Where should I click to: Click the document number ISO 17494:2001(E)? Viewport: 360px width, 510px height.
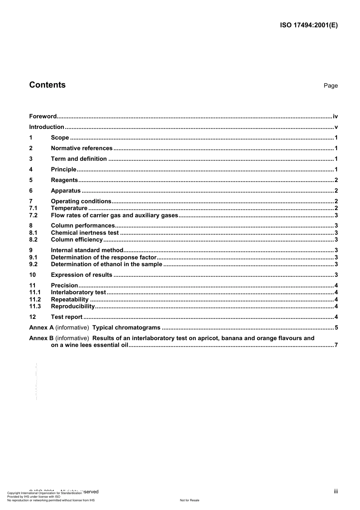(x=308, y=25)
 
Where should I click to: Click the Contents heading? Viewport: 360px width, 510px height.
(x=47, y=85)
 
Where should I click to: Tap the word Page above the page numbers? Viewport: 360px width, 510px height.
(x=330, y=86)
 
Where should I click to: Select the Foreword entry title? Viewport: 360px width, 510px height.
(x=43, y=116)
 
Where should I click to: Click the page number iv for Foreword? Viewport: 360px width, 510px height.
(x=335, y=116)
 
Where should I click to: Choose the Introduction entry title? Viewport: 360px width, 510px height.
(x=47, y=127)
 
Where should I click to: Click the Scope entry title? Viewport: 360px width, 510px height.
(x=60, y=138)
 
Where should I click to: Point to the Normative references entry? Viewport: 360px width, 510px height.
(x=81, y=148)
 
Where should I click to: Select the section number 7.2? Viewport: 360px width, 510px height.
(x=33, y=215)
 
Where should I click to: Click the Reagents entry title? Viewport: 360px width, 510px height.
(x=64, y=180)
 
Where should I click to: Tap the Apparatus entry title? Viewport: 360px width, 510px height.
(x=66, y=191)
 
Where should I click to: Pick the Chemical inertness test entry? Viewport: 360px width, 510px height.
(x=85, y=233)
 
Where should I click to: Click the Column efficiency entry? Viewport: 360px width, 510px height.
(x=77, y=240)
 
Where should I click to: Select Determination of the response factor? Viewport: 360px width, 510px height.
(x=104, y=257)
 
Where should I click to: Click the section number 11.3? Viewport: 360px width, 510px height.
(x=35, y=306)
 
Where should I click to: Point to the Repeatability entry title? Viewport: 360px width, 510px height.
(x=70, y=300)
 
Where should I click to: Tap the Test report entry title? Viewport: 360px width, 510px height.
(x=67, y=317)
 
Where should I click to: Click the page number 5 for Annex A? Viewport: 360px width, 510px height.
(x=336, y=328)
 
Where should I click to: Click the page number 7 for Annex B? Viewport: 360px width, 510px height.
(x=336, y=345)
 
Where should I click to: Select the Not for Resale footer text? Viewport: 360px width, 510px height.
(x=189, y=500)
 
